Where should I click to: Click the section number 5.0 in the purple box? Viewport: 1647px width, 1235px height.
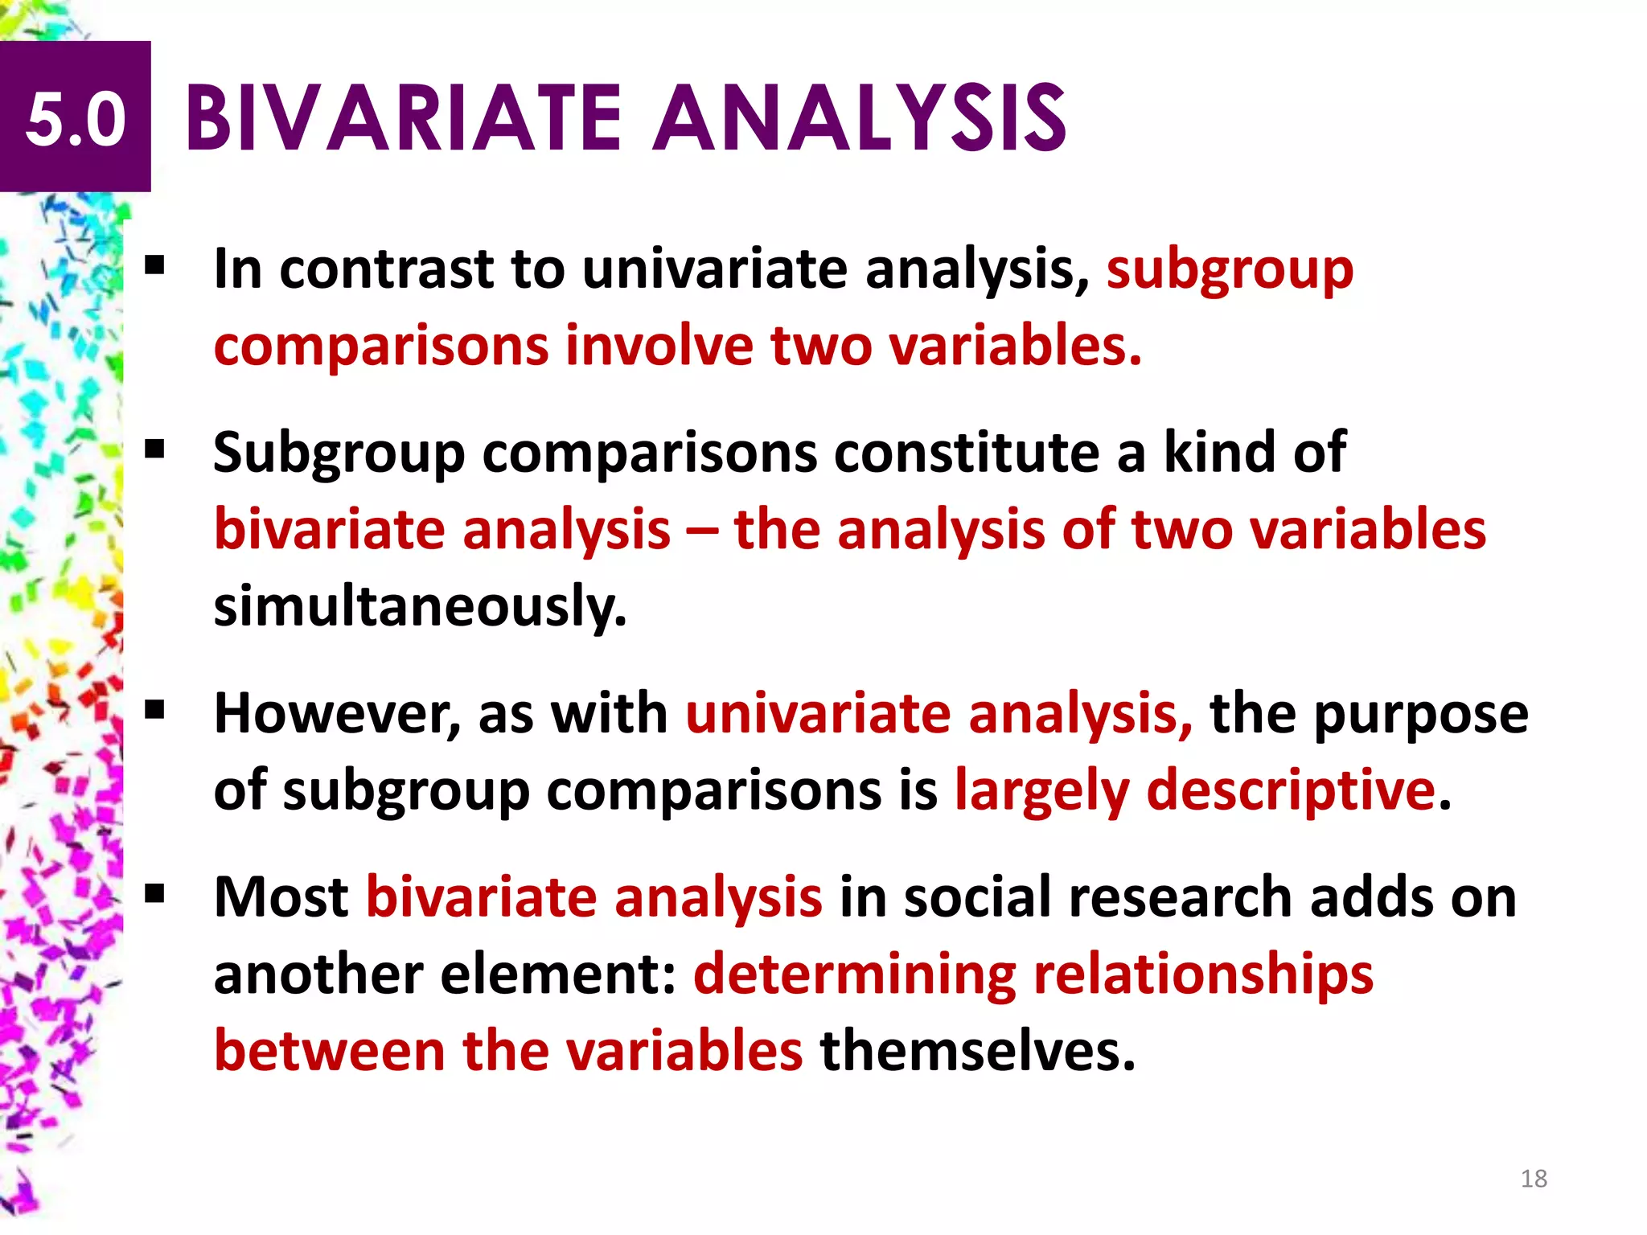pyautogui.click(x=76, y=119)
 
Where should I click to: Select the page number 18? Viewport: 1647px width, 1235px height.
pyautogui.click(x=1534, y=1179)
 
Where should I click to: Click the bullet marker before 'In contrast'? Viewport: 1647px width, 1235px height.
pyautogui.click(x=154, y=265)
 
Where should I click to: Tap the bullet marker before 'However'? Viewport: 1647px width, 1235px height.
pyautogui.click(x=154, y=710)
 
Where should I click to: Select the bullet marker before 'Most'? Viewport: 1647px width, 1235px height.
pyautogui.click(x=154, y=892)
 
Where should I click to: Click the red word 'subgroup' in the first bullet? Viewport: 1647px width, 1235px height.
pyautogui.click(x=1230, y=270)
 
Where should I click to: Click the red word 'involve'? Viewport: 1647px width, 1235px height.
pyautogui.click(x=659, y=346)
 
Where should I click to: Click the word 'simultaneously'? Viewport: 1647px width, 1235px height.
pyautogui.click(x=419, y=607)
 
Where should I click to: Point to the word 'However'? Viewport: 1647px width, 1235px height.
pyautogui.click(x=338, y=714)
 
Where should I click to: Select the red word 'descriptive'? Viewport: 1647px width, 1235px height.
pyautogui.click(x=1291, y=791)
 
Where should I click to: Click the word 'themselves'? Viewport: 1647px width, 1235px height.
pyautogui.click(x=977, y=1051)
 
